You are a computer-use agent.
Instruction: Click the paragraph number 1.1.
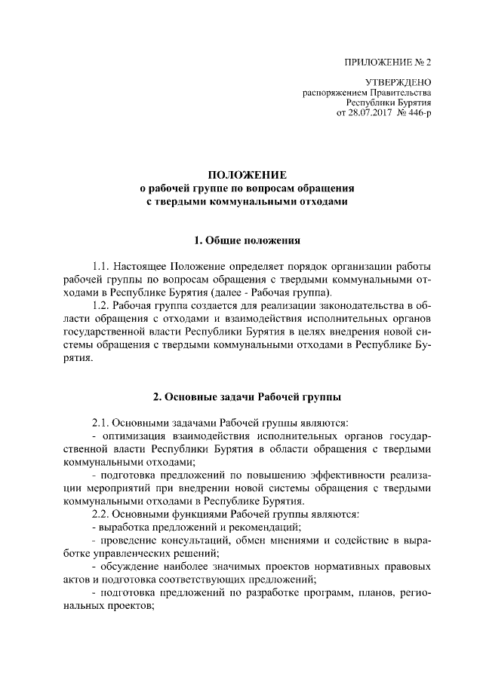102,268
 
